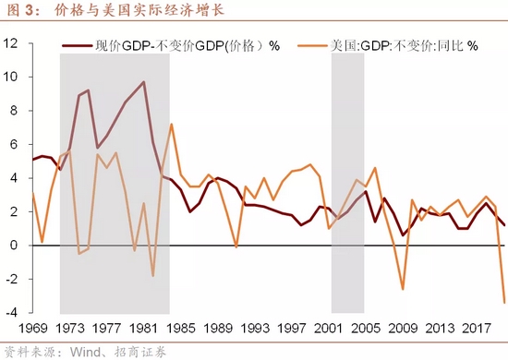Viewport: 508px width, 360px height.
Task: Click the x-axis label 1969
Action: pyautogui.click(x=32, y=327)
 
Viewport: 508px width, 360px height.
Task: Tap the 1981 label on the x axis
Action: pyautogui.click(x=143, y=327)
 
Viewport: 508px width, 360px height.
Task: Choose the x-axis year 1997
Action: pyautogui.click(x=291, y=327)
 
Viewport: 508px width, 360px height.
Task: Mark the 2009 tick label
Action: pyautogui.click(x=402, y=327)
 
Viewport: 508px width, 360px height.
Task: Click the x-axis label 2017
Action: pyautogui.click(x=476, y=327)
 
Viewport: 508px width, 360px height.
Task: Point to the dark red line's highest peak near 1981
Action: pyautogui.click(x=143, y=82)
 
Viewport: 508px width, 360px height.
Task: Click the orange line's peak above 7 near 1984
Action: pyautogui.click(x=171, y=124)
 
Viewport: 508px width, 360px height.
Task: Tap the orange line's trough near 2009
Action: pyautogui.click(x=403, y=290)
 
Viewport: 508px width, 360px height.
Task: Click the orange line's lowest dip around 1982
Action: pyautogui.click(x=152, y=276)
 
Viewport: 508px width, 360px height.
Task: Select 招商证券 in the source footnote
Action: pyautogui.click(x=136, y=351)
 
